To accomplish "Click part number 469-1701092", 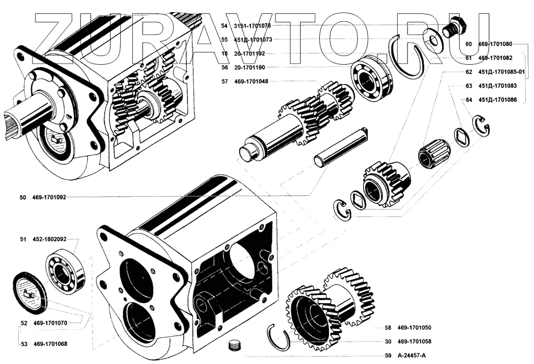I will (x=50, y=197).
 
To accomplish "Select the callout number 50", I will (x=22, y=197).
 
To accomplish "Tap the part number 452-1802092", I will (x=50, y=240).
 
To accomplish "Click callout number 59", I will (x=388, y=355).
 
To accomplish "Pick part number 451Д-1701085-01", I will (x=502, y=72).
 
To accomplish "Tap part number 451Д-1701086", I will (x=497, y=99).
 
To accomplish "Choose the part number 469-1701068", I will (x=50, y=344).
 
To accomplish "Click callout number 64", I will (x=468, y=99).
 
